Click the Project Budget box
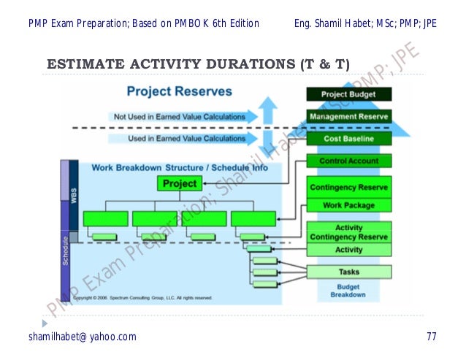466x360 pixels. pyautogui.click(x=348, y=94)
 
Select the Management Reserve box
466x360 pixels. pyautogui.click(x=348, y=116)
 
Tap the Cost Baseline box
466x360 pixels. pyautogui.click(x=348, y=139)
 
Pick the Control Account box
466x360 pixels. pyautogui.click(x=348, y=161)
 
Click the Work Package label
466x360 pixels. pyautogui.click(x=348, y=206)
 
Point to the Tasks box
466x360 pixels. pyautogui.click(x=348, y=272)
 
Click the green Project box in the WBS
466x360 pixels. pyautogui.click(x=180, y=183)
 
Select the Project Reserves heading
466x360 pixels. pyautogui.click(x=179, y=91)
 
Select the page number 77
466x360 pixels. pyautogui.click(x=432, y=337)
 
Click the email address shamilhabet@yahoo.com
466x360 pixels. pyautogui.click(x=83, y=337)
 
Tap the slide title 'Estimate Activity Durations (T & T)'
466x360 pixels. pyautogui.click(x=198, y=65)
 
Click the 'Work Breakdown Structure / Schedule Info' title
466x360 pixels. pyautogui.click(x=179, y=167)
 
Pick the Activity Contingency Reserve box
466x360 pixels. pyautogui.click(x=348, y=232)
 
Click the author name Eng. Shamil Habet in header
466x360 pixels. pyautogui.click(x=365, y=23)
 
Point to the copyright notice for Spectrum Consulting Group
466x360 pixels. pyautogui.click(x=142, y=298)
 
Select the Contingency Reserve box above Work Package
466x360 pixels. pyautogui.click(x=348, y=188)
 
